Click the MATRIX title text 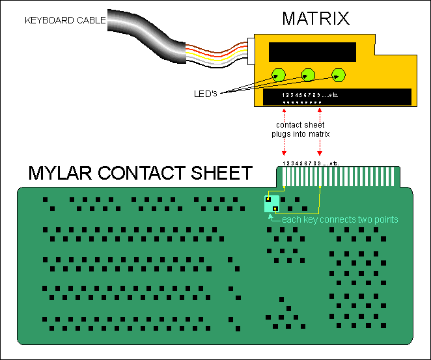point(316,18)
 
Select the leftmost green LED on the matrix point(279,75)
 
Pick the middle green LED point(309,75)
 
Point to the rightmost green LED point(339,75)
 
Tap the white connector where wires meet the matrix point(251,51)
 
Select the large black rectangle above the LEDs point(312,51)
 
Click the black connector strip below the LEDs point(337,97)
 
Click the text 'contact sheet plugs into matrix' point(300,129)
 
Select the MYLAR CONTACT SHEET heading point(140,173)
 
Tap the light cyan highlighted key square point(272,204)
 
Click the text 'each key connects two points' point(339,220)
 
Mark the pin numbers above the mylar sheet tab point(312,162)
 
